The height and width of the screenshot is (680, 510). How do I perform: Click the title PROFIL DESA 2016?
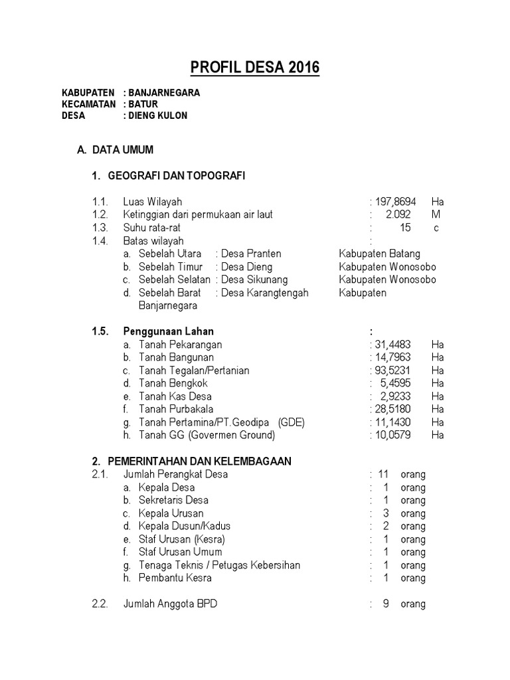(x=255, y=68)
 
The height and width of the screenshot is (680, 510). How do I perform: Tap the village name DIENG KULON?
(x=158, y=116)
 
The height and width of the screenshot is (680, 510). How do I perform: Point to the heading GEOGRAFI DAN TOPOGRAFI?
(x=176, y=176)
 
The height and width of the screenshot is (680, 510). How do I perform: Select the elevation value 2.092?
(x=398, y=214)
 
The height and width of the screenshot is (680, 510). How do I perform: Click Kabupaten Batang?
(x=379, y=254)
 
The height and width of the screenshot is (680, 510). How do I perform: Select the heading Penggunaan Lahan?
(x=169, y=331)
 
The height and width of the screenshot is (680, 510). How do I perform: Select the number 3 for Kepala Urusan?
(x=386, y=513)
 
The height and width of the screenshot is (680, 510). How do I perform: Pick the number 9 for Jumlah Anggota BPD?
(x=385, y=604)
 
